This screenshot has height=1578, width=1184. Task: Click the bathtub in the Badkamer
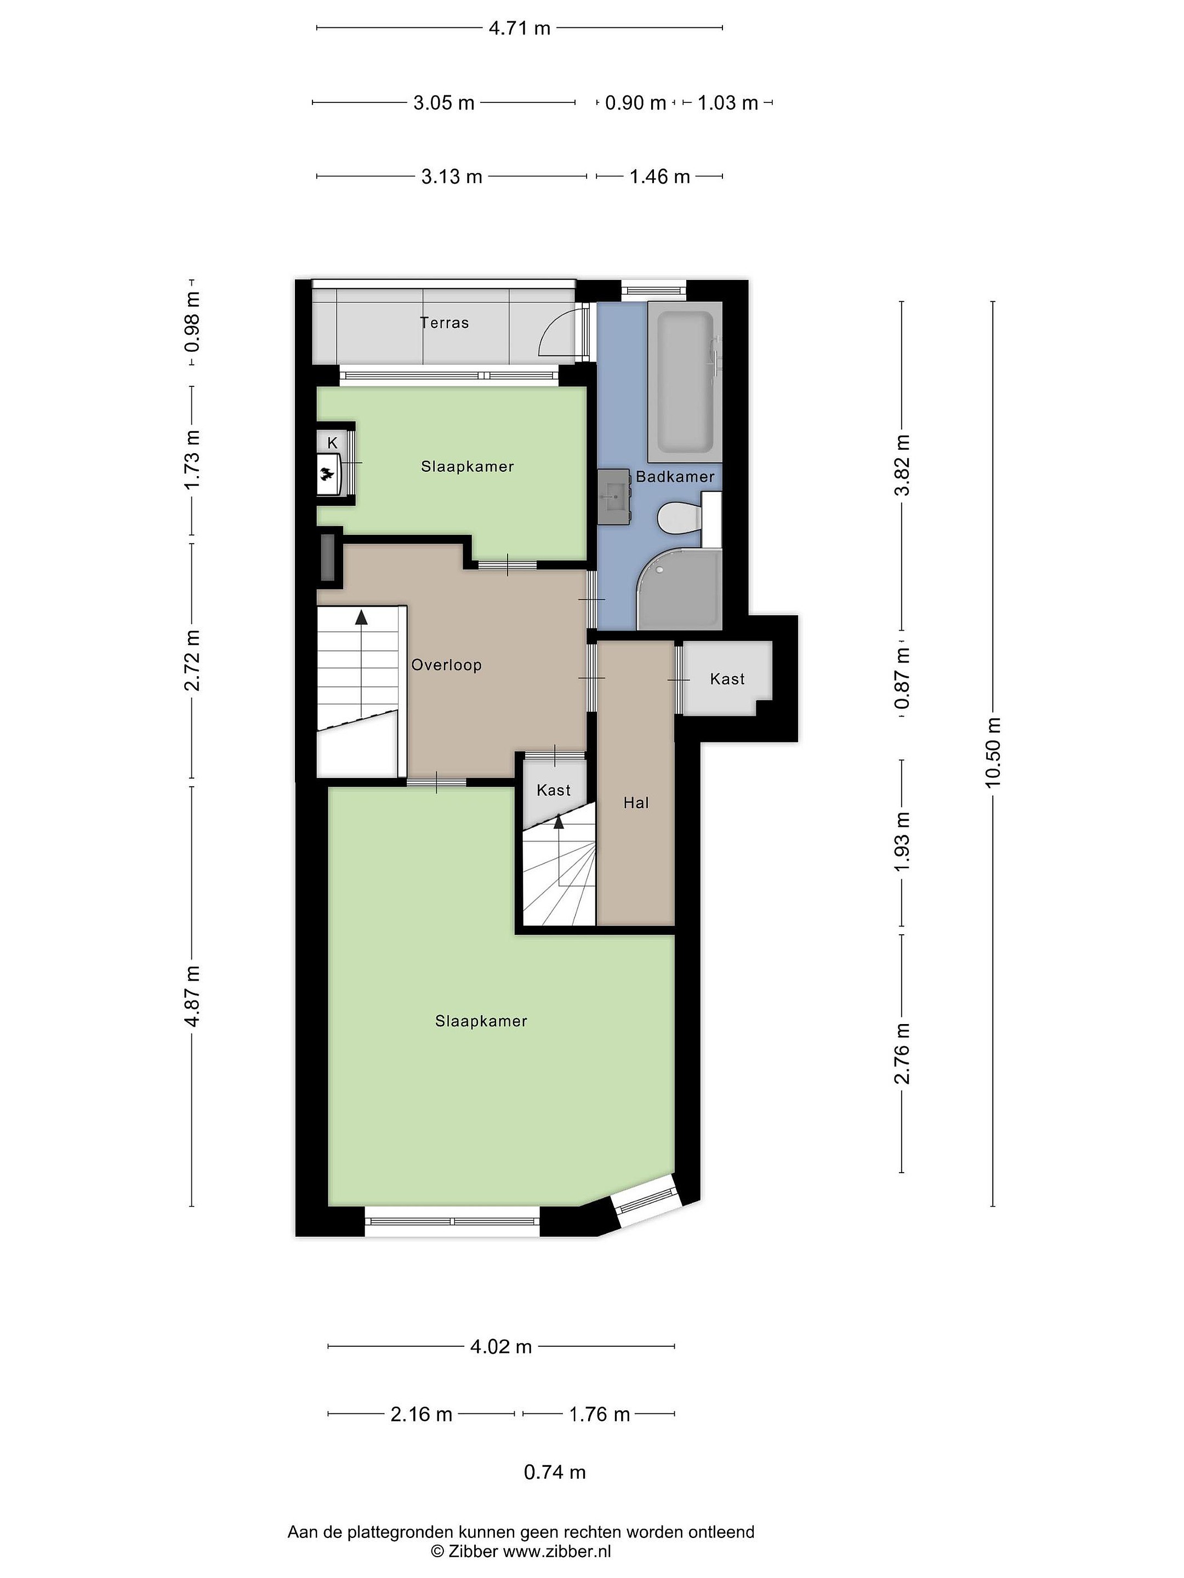pos(685,382)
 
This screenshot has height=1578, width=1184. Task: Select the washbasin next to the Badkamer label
pos(614,496)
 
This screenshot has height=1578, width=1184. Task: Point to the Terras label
pos(445,322)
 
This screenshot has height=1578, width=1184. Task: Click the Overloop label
pos(447,665)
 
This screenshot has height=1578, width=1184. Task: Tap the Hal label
pos(636,803)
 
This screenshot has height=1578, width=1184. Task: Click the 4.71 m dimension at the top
pos(520,28)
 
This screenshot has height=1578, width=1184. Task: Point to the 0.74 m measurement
pos(555,1472)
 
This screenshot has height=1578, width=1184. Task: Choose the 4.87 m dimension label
pos(192,996)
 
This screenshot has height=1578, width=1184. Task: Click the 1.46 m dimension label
pos(659,176)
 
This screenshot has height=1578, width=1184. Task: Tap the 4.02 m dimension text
pos(501,1346)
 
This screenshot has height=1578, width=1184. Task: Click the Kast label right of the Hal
pos(727,679)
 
